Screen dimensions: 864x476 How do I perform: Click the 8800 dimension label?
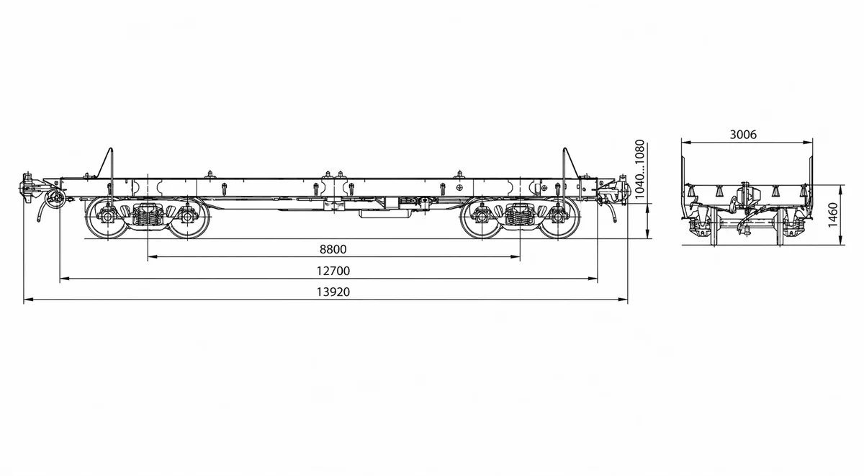(x=333, y=249)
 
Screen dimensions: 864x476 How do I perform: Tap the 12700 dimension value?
(x=333, y=271)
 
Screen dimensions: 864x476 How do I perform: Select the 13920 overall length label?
(x=333, y=292)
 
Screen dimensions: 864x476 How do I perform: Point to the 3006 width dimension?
(x=743, y=135)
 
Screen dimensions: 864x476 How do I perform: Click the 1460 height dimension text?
(x=833, y=215)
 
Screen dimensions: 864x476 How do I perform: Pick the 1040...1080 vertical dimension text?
(x=639, y=169)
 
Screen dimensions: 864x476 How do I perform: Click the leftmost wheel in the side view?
(x=107, y=217)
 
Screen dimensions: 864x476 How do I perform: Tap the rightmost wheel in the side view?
(x=558, y=217)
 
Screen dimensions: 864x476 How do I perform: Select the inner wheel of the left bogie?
(x=187, y=217)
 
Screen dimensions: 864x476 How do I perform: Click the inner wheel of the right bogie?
(x=482, y=217)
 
